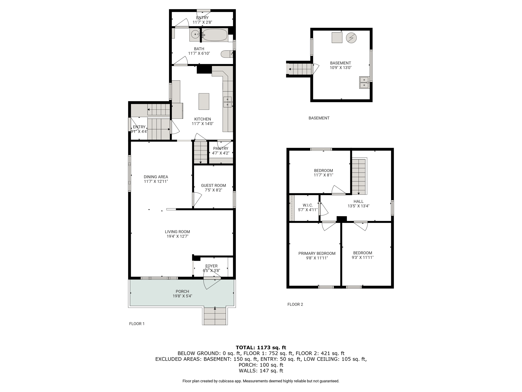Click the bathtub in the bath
tap(215, 35)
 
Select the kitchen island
tap(204, 101)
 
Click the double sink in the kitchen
tap(228, 102)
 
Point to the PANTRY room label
tap(221, 149)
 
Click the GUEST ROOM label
tap(213, 186)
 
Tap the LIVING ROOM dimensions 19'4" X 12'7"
tap(177, 236)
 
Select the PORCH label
tap(182, 291)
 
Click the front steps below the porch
tap(215, 316)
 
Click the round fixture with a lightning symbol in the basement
tap(351, 38)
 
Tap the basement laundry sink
tap(364, 82)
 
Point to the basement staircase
tap(300, 69)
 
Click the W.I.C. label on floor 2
tap(308, 205)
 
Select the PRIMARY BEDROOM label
tap(317, 253)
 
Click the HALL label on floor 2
tap(358, 201)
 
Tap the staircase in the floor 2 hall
tap(359, 176)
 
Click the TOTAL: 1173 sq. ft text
tap(261, 347)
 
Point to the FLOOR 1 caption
tap(137, 324)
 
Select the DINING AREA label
tap(156, 177)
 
